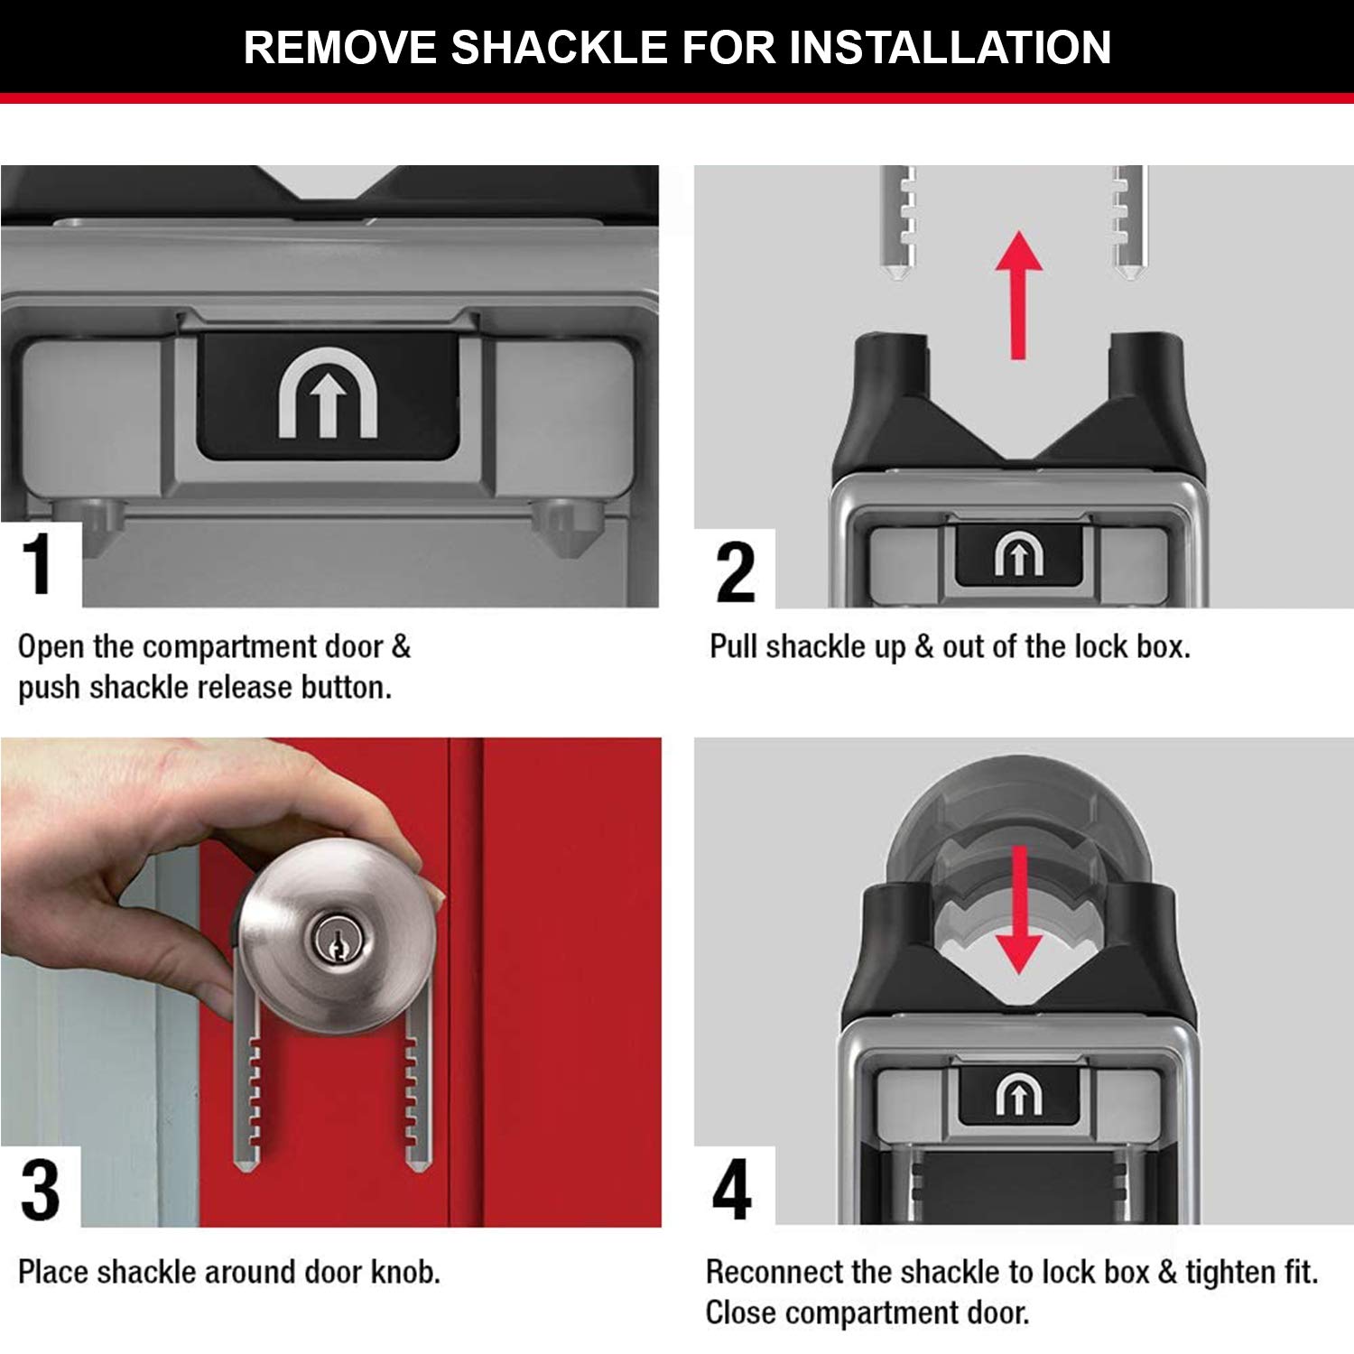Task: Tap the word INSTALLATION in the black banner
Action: (x=950, y=47)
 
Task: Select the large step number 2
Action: (x=735, y=572)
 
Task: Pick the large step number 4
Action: (x=731, y=1189)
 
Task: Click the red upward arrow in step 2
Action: (x=1018, y=295)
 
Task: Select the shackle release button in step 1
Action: (x=328, y=395)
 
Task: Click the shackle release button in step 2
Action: (x=1018, y=553)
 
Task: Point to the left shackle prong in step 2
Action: (x=897, y=221)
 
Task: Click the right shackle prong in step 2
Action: (x=1128, y=221)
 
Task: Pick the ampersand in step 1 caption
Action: (x=401, y=646)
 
